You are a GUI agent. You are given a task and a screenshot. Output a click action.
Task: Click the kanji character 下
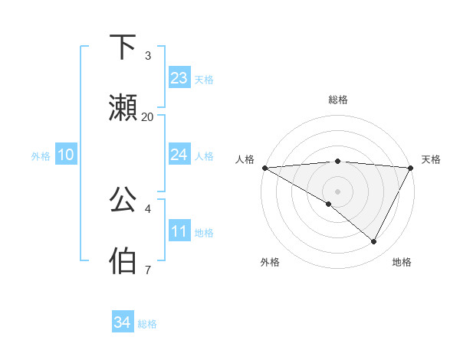123,48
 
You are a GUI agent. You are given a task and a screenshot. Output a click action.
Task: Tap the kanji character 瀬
123,107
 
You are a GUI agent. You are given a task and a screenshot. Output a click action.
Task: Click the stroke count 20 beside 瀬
148,116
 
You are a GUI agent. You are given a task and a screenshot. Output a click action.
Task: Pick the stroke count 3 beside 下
148,56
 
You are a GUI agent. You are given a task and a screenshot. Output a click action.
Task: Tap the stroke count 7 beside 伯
147,270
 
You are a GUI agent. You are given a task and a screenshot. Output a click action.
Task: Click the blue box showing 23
179,78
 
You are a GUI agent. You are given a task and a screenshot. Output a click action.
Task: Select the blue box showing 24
179,155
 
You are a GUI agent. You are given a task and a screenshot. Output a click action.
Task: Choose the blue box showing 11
179,231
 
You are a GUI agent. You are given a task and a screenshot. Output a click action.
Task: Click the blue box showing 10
66,155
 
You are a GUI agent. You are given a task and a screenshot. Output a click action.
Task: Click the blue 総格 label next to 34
147,324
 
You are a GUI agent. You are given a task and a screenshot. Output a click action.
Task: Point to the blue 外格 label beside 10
41,155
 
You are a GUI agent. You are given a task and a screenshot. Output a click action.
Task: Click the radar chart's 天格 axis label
431,159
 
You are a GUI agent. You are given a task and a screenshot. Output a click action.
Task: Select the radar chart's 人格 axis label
245,159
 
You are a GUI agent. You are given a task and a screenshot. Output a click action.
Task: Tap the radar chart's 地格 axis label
402,262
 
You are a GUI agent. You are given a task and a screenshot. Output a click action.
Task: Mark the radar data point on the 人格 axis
264,167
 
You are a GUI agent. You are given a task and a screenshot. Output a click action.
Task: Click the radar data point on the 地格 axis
374,241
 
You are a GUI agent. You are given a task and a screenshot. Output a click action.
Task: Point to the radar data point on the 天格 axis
411,167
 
